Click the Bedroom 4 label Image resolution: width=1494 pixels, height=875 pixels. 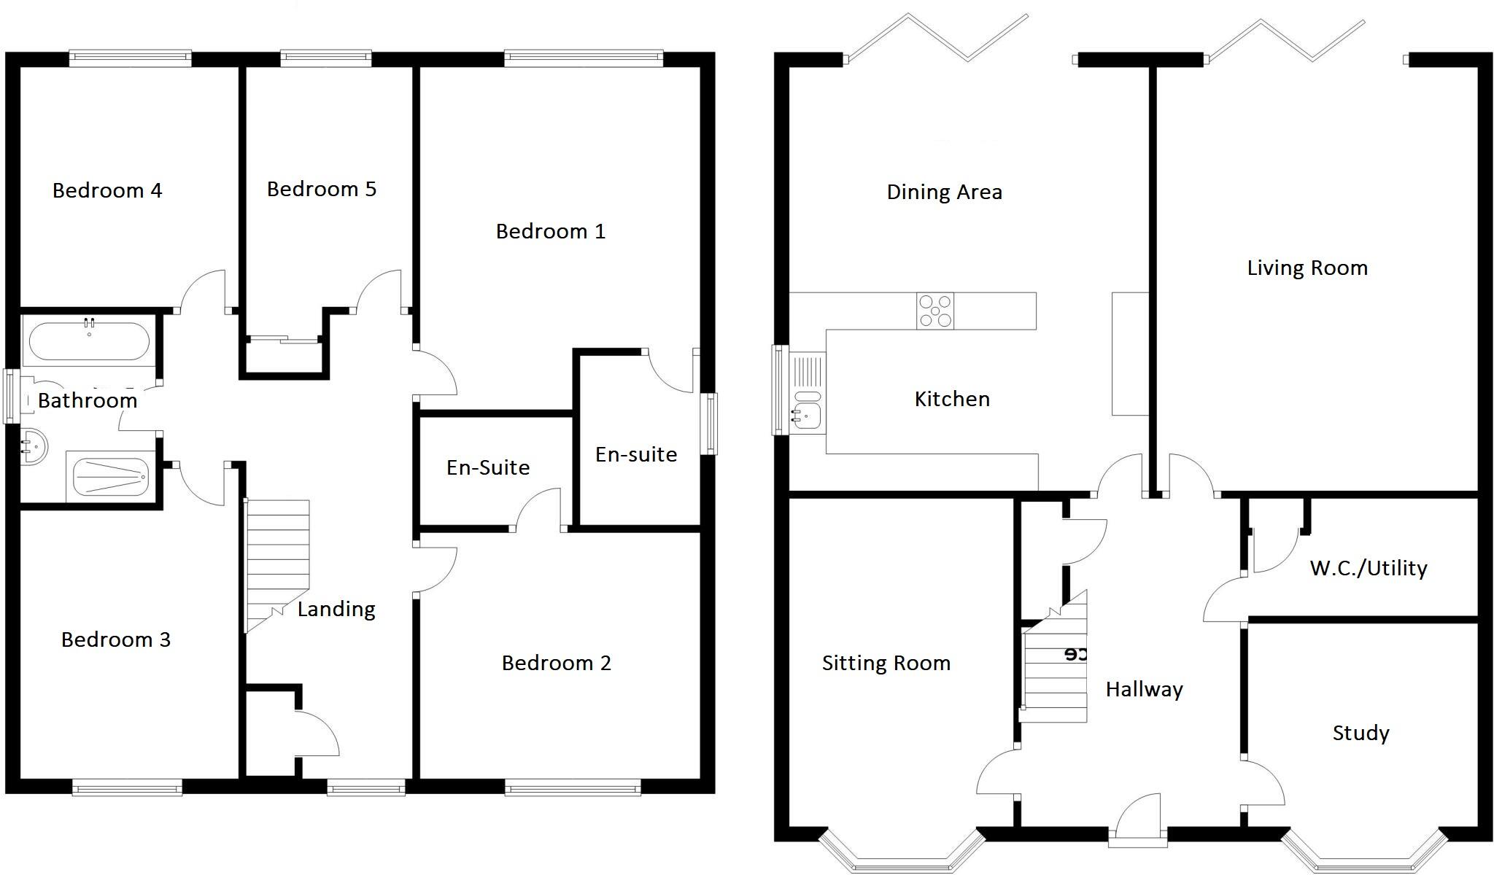[x=107, y=191]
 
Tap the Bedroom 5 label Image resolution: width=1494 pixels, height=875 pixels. [x=321, y=190]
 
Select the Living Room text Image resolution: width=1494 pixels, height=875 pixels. [x=1307, y=268]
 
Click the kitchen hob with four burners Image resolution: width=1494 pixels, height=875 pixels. [x=935, y=311]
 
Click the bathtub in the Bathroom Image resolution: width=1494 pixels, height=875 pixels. [x=89, y=342]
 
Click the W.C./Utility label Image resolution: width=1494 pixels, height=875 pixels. [x=1369, y=569]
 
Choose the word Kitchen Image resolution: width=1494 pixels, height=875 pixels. [x=952, y=400]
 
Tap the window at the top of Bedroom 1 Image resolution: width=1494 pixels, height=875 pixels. [x=583, y=58]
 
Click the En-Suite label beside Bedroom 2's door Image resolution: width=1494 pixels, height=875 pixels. [x=488, y=468]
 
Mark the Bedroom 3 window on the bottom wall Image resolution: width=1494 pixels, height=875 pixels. [x=127, y=787]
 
